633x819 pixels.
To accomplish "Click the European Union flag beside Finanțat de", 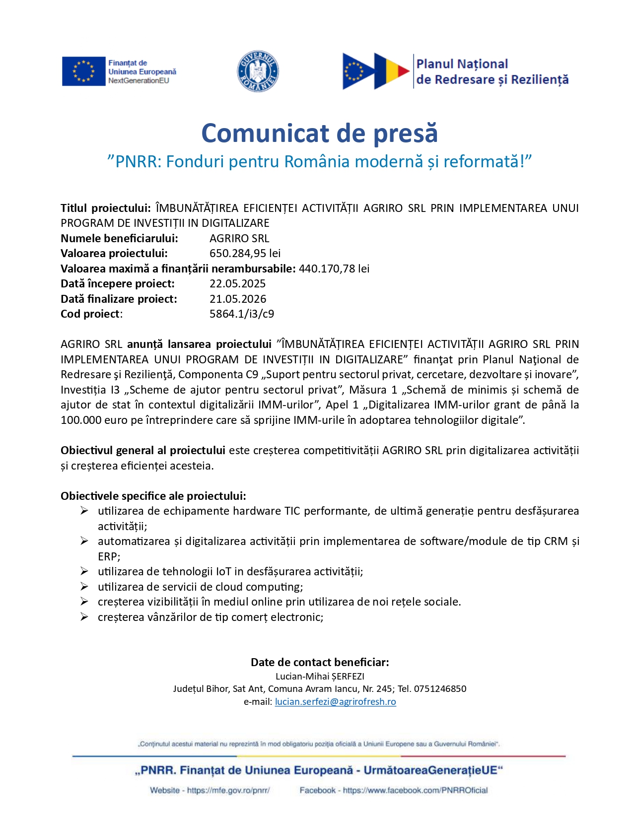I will coord(83,71).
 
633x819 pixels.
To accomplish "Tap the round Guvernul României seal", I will coord(258,71).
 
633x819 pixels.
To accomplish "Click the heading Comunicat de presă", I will coord(319,133).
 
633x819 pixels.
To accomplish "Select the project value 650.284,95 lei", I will coord(245,254).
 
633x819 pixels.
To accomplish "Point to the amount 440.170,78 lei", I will coord(334,269).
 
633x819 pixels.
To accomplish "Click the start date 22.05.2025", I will coord(237,284).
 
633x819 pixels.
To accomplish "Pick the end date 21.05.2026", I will coord(238,299).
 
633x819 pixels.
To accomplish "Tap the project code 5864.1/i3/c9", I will coord(242,314).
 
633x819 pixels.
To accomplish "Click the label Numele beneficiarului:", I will coord(119,239).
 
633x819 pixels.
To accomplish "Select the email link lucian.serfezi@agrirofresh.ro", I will coord(336,702).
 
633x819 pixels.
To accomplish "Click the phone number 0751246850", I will coord(440,689).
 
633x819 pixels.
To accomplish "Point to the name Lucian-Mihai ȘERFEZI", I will coord(320,676).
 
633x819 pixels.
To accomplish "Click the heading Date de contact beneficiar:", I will coord(320,662).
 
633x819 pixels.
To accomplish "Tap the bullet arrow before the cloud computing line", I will coord(84,587).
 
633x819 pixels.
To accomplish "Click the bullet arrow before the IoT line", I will coord(84,571).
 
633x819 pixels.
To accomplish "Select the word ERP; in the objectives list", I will coord(109,556).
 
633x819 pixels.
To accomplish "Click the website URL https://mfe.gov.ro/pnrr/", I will coord(228,790).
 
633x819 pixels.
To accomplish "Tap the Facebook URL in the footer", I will coord(415,790).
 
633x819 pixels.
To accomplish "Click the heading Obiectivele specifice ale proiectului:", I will coord(153,496).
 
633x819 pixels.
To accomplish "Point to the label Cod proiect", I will coord(90,314).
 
